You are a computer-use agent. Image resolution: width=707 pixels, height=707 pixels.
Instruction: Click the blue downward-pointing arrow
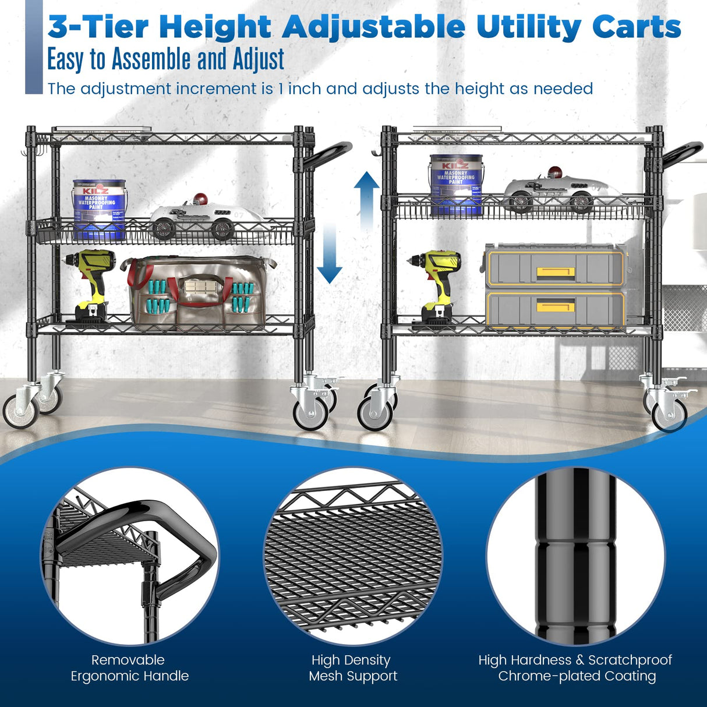click(x=330, y=253)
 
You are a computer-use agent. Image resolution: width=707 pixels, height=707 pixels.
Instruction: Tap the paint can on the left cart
click(x=99, y=210)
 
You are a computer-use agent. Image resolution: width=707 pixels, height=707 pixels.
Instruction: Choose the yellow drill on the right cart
click(x=437, y=285)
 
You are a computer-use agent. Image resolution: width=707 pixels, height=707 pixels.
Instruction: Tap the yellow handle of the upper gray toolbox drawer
click(x=556, y=272)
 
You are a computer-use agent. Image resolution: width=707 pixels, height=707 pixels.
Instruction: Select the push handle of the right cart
click(x=682, y=153)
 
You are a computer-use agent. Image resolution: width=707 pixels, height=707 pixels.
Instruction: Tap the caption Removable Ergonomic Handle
click(x=129, y=668)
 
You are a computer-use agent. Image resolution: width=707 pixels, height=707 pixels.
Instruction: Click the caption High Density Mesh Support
click(x=353, y=668)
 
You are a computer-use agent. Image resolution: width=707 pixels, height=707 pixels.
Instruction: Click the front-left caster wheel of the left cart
click(x=20, y=411)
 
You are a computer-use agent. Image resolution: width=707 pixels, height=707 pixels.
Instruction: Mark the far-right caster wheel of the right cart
click(x=669, y=415)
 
